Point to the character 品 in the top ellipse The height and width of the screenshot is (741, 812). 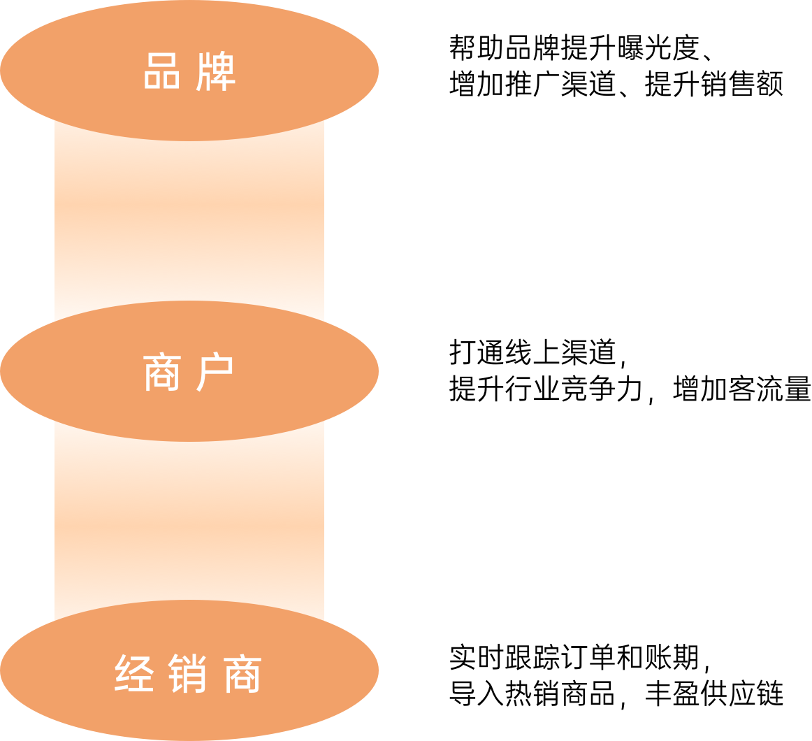[162, 71]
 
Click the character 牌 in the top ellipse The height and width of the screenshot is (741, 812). [215, 71]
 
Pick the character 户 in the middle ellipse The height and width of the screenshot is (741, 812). [215, 372]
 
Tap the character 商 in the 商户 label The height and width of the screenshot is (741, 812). [162, 372]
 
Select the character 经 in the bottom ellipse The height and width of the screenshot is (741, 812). [134, 673]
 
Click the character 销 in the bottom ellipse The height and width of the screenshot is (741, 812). [188, 673]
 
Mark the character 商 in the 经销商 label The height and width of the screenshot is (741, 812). [242, 673]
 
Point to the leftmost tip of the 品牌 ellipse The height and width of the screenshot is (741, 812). [3, 70]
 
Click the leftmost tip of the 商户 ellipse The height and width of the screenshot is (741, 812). [3, 370]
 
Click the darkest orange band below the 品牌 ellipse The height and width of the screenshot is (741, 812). [189, 206]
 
